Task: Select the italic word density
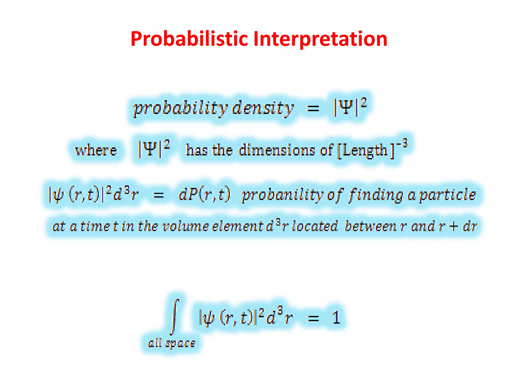[x=263, y=108]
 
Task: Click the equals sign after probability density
[x=313, y=109]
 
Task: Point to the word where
[x=96, y=151]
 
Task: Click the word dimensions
[x=277, y=150]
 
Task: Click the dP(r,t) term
[x=204, y=195]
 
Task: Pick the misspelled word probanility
[x=282, y=195]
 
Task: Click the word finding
[x=376, y=195]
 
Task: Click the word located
[x=315, y=226]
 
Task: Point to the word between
[x=371, y=226]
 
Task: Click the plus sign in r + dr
[x=453, y=226]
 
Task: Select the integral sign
[x=175, y=317]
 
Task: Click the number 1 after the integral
[x=336, y=318]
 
